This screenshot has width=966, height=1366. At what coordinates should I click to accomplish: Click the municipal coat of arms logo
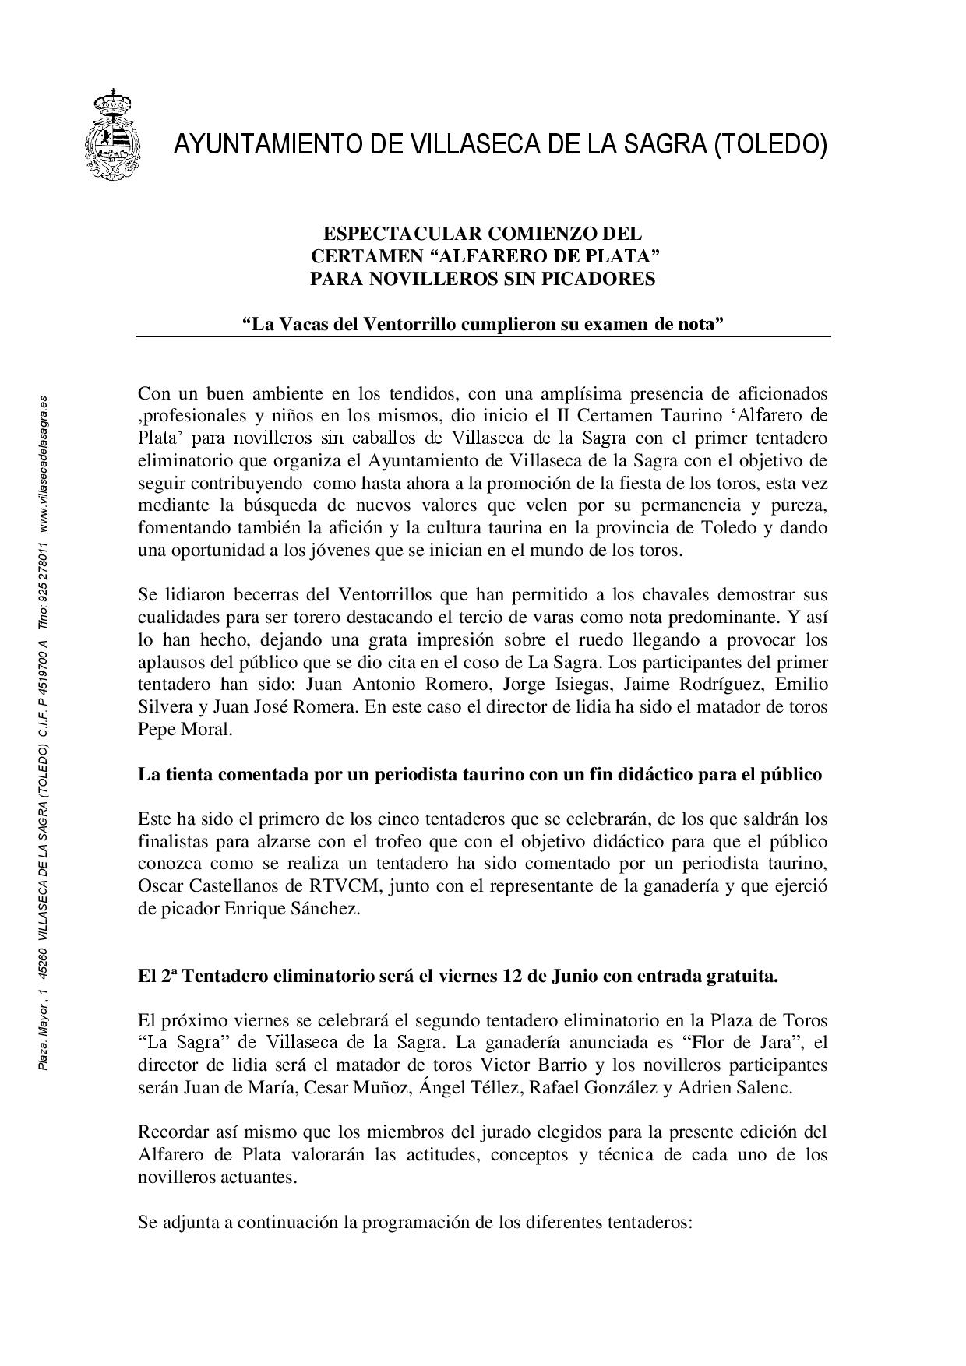click(114, 135)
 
